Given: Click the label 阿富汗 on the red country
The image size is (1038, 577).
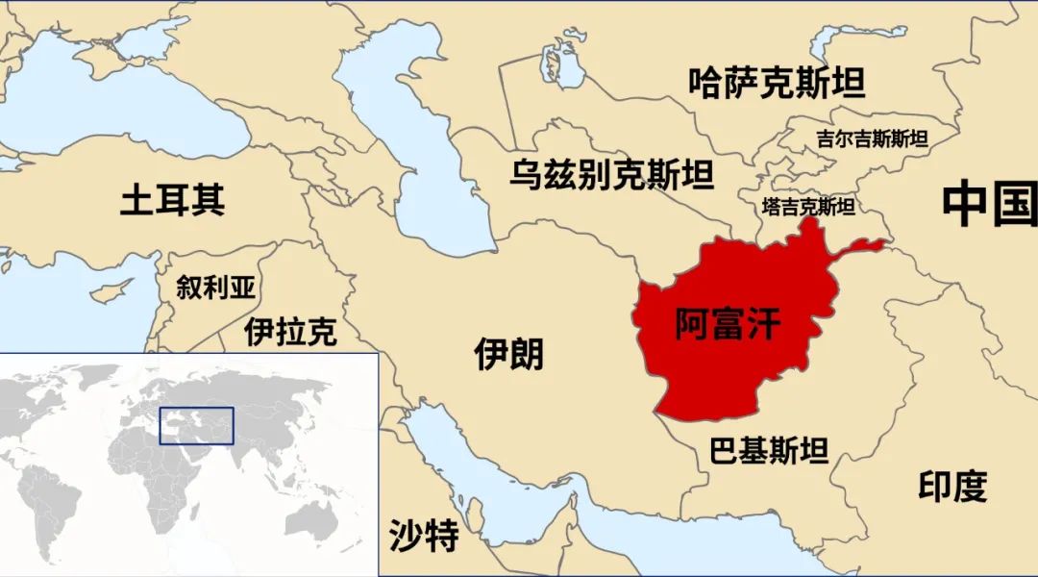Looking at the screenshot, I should [727, 324].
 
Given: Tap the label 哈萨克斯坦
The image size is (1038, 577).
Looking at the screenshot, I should [777, 83].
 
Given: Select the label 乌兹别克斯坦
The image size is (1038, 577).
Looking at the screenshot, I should [612, 176].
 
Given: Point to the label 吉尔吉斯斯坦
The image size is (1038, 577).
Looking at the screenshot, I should [872, 138].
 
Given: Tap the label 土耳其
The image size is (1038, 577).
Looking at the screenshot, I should [173, 200].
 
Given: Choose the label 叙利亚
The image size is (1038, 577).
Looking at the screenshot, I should [216, 286].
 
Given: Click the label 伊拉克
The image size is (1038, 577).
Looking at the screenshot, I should [290, 332].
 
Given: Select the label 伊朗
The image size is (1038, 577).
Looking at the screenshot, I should [508, 354].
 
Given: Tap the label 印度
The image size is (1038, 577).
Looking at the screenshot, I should [952, 487].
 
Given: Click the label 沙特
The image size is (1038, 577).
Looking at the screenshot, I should [424, 536].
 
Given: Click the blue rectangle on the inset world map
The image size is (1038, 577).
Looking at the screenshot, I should [196, 425].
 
